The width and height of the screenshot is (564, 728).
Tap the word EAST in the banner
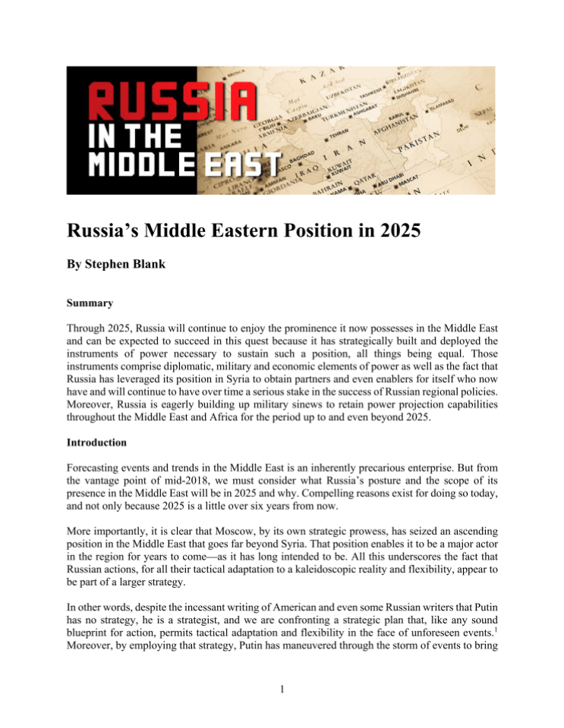pos(244,165)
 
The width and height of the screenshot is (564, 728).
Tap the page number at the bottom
pos(282,687)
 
